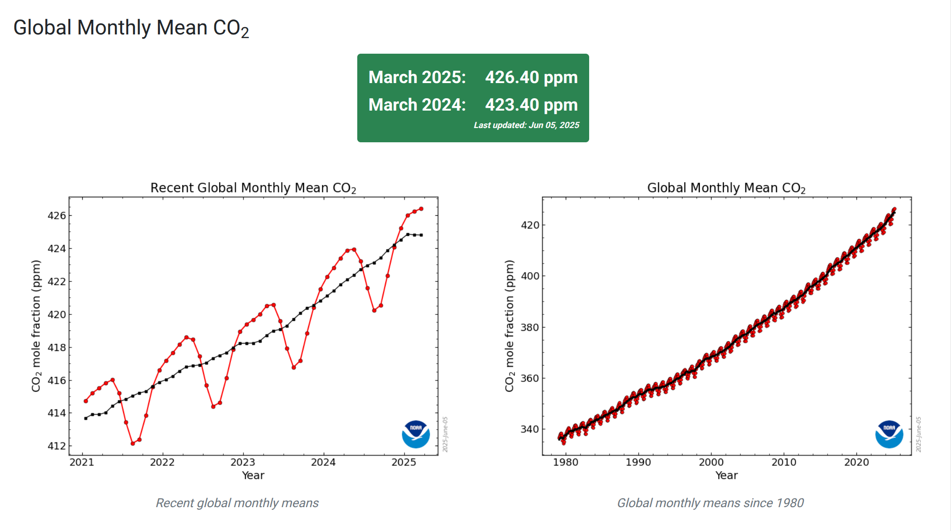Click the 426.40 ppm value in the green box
[x=531, y=78]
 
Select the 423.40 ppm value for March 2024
[x=531, y=105]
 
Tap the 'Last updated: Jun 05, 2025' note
[x=526, y=125]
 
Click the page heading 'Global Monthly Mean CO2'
[x=131, y=28]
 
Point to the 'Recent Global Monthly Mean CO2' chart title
[x=253, y=188]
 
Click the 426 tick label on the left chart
[x=57, y=216]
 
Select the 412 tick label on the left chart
[x=57, y=446]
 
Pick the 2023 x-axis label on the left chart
[x=242, y=462]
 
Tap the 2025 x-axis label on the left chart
[x=404, y=462]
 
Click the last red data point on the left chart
[x=421, y=209]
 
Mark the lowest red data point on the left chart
[x=133, y=443]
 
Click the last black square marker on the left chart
[x=421, y=235]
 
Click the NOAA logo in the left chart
[x=416, y=434]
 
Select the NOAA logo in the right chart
[x=889, y=434]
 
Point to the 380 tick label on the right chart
[x=530, y=328]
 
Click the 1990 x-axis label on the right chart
[x=638, y=462]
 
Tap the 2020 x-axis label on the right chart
[x=856, y=462]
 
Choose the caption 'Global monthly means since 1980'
[x=710, y=503]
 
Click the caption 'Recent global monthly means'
[x=237, y=503]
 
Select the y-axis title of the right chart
[x=509, y=326]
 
